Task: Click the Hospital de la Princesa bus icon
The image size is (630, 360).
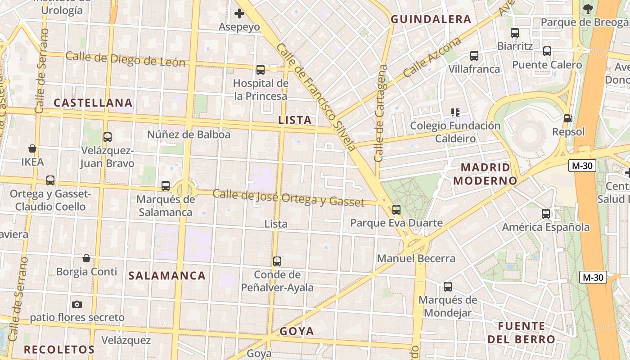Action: [260, 70]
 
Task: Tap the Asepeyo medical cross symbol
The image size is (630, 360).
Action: [239, 13]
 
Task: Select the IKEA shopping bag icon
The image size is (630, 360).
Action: [32, 148]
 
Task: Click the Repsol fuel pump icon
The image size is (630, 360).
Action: [568, 118]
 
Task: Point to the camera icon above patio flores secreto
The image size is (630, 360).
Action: [77, 304]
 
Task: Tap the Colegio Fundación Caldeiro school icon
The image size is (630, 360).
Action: [455, 112]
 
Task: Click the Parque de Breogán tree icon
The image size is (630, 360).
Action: [588, 8]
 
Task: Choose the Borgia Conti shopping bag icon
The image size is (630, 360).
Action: [86, 258]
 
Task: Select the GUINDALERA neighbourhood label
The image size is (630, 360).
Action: [431, 19]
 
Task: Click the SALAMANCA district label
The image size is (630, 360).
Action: [167, 276]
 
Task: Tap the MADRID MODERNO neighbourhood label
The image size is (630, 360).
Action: [486, 174]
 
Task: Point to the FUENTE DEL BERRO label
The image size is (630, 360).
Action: [522, 333]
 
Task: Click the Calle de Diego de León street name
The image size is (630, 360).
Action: [126, 59]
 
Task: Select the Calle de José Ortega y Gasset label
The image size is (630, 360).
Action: [288, 198]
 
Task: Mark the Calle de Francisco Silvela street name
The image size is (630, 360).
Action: [316, 97]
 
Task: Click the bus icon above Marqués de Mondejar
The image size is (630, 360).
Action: [447, 287]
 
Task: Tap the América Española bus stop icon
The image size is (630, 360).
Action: [546, 214]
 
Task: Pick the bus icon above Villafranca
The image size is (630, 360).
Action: [474, 56]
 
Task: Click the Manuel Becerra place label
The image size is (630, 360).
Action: [416, 259]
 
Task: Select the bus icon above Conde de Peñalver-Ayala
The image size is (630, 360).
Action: [277, 261]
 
